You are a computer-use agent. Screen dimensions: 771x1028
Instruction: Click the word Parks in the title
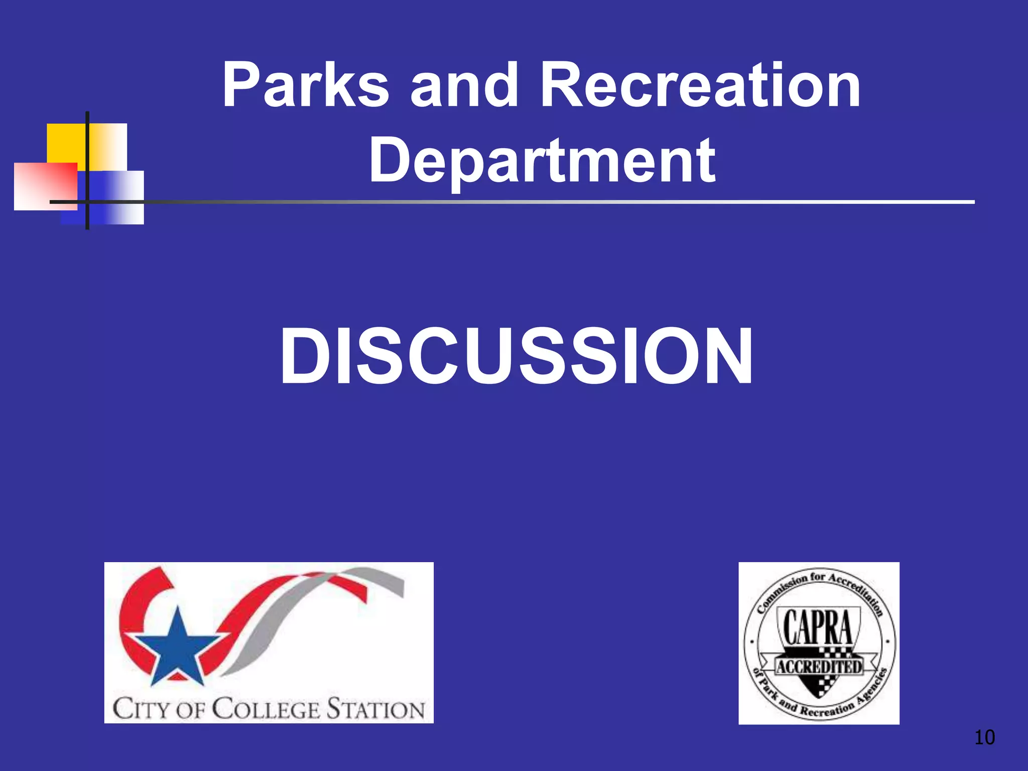click(x=306, y=85)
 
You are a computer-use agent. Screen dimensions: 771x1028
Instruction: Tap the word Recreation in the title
click(x=700, y=85)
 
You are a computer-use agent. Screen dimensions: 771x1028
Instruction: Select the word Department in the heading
click(x=542, y=161)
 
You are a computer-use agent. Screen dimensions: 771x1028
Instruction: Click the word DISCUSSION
click(x=517, y=356)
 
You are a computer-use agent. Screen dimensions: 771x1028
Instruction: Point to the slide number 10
click(x=984, y=737)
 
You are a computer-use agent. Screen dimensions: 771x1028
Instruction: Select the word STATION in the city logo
click(x=376, y=710)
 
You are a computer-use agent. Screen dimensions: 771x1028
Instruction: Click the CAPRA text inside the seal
click(x=818, y=627)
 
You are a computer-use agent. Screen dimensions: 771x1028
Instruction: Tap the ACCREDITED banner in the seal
click(x=819, y=667)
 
